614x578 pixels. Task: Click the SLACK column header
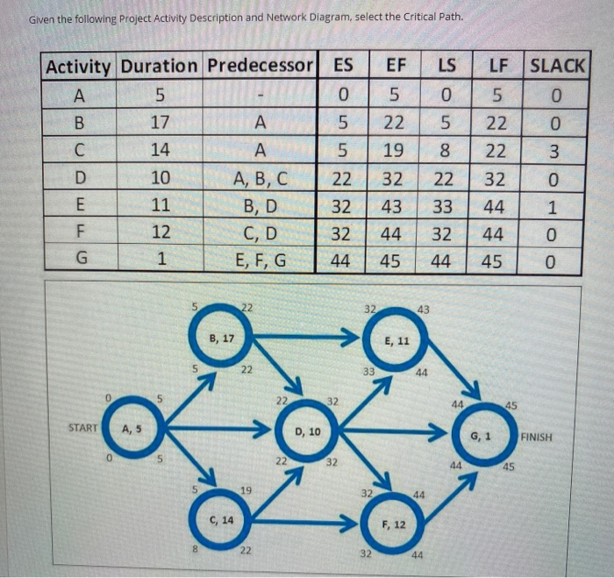[559, 66]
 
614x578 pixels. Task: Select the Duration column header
[159, 67]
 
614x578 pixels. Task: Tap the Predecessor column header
[260, 67]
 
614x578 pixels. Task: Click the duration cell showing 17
[160, 120]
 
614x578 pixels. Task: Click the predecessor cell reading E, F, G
[260, 260]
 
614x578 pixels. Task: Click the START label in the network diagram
[83, 429]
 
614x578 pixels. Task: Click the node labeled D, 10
[307, 431]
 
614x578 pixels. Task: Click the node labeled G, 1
[481, 435]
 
